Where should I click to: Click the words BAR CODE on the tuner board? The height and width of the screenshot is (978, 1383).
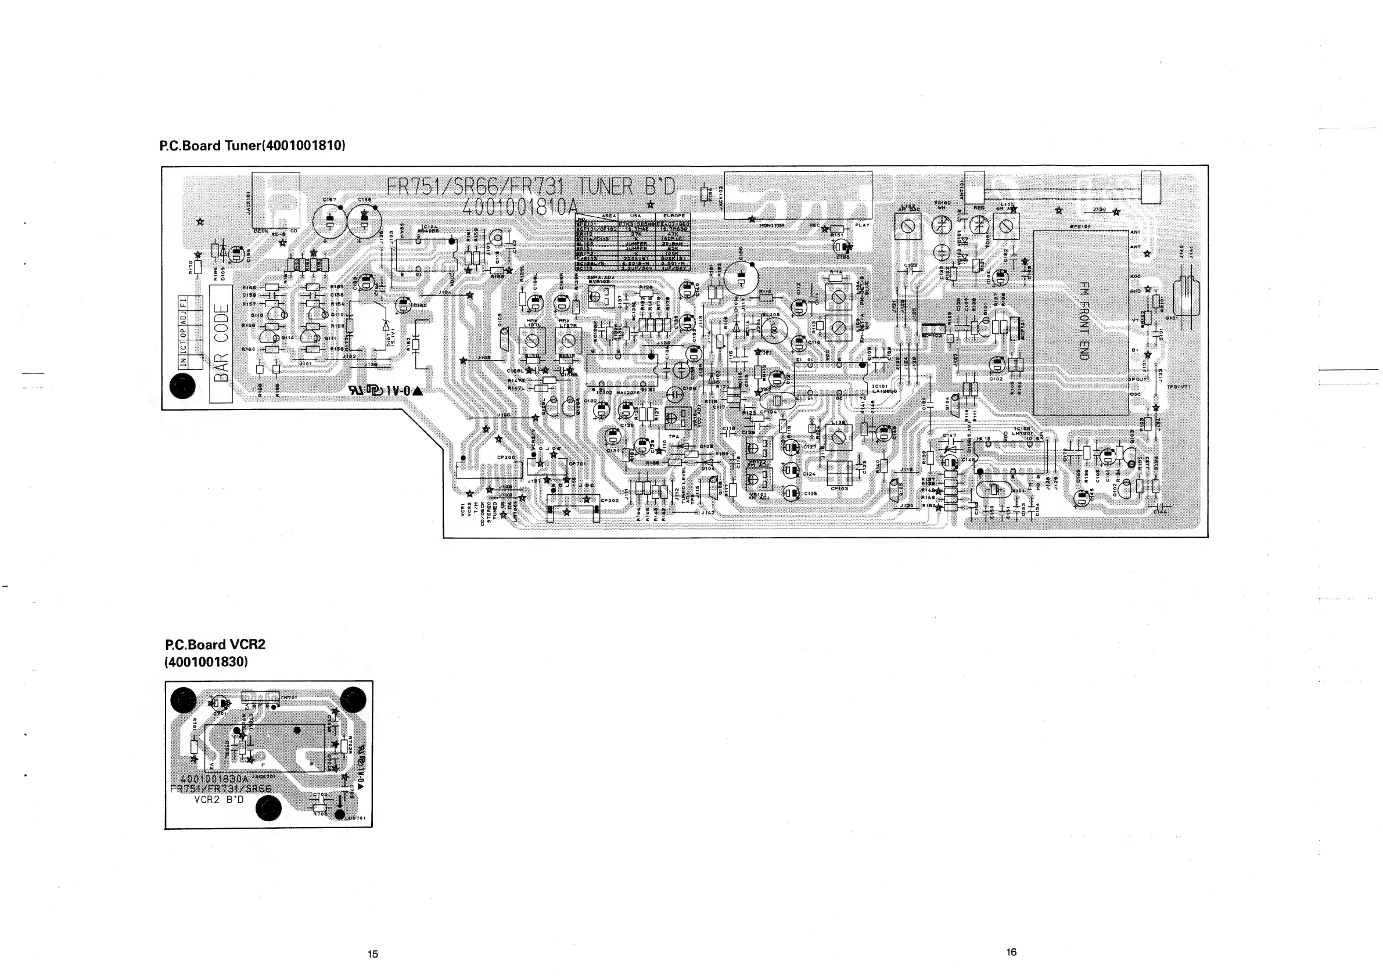(221, 343)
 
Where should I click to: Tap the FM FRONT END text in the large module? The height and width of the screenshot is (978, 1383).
(1083, 321)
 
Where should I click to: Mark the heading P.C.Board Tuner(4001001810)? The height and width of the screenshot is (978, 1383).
(253, 146)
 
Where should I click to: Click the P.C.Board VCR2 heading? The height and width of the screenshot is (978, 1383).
(215, 645)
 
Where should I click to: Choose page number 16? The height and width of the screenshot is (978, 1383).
(1011, 952)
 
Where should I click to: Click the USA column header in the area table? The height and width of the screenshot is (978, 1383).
(635, 215)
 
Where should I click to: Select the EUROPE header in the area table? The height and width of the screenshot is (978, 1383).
(673, 215)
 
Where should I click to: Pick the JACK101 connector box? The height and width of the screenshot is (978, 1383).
(275, 199)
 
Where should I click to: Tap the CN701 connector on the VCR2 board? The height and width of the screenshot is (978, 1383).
(261, 697)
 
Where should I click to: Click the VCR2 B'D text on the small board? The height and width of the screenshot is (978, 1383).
(219, 800)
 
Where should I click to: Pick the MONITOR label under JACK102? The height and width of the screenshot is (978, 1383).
(772, 225)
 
